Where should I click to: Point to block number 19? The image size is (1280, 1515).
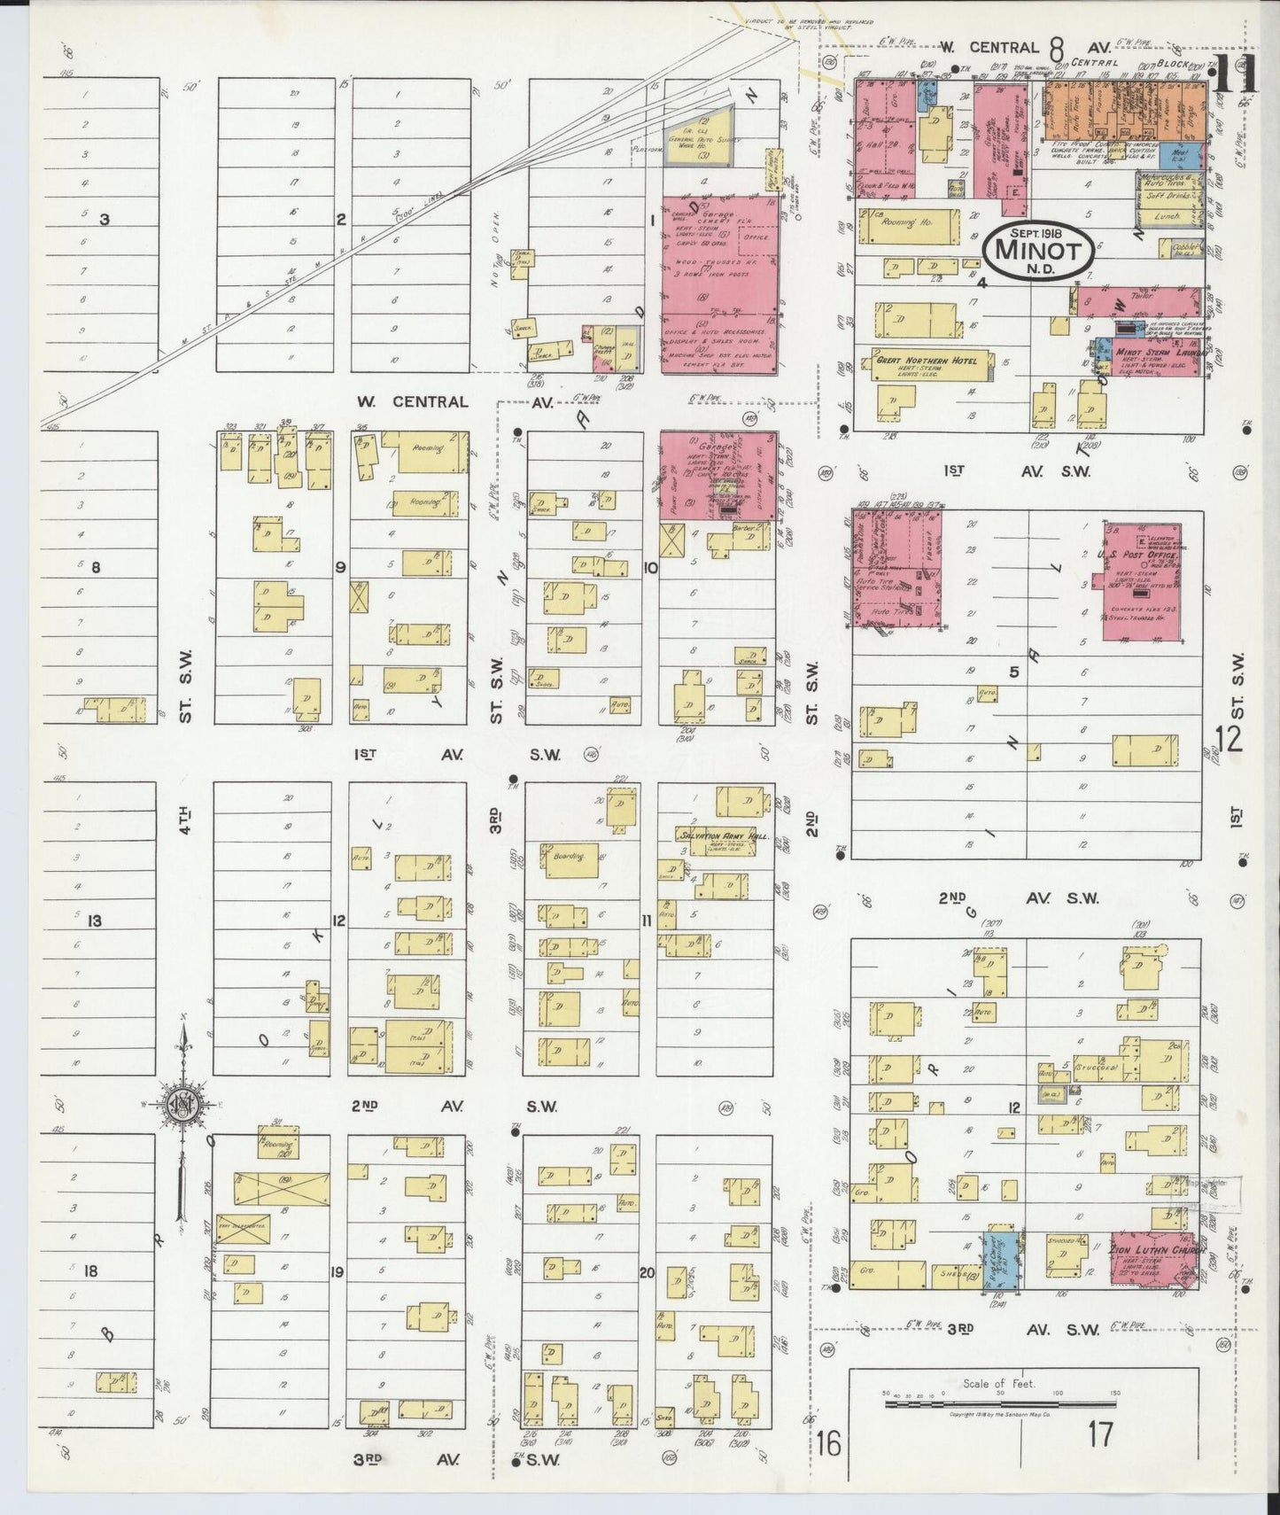pos(337,1273)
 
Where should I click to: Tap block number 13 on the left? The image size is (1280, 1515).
pos(95,921)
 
